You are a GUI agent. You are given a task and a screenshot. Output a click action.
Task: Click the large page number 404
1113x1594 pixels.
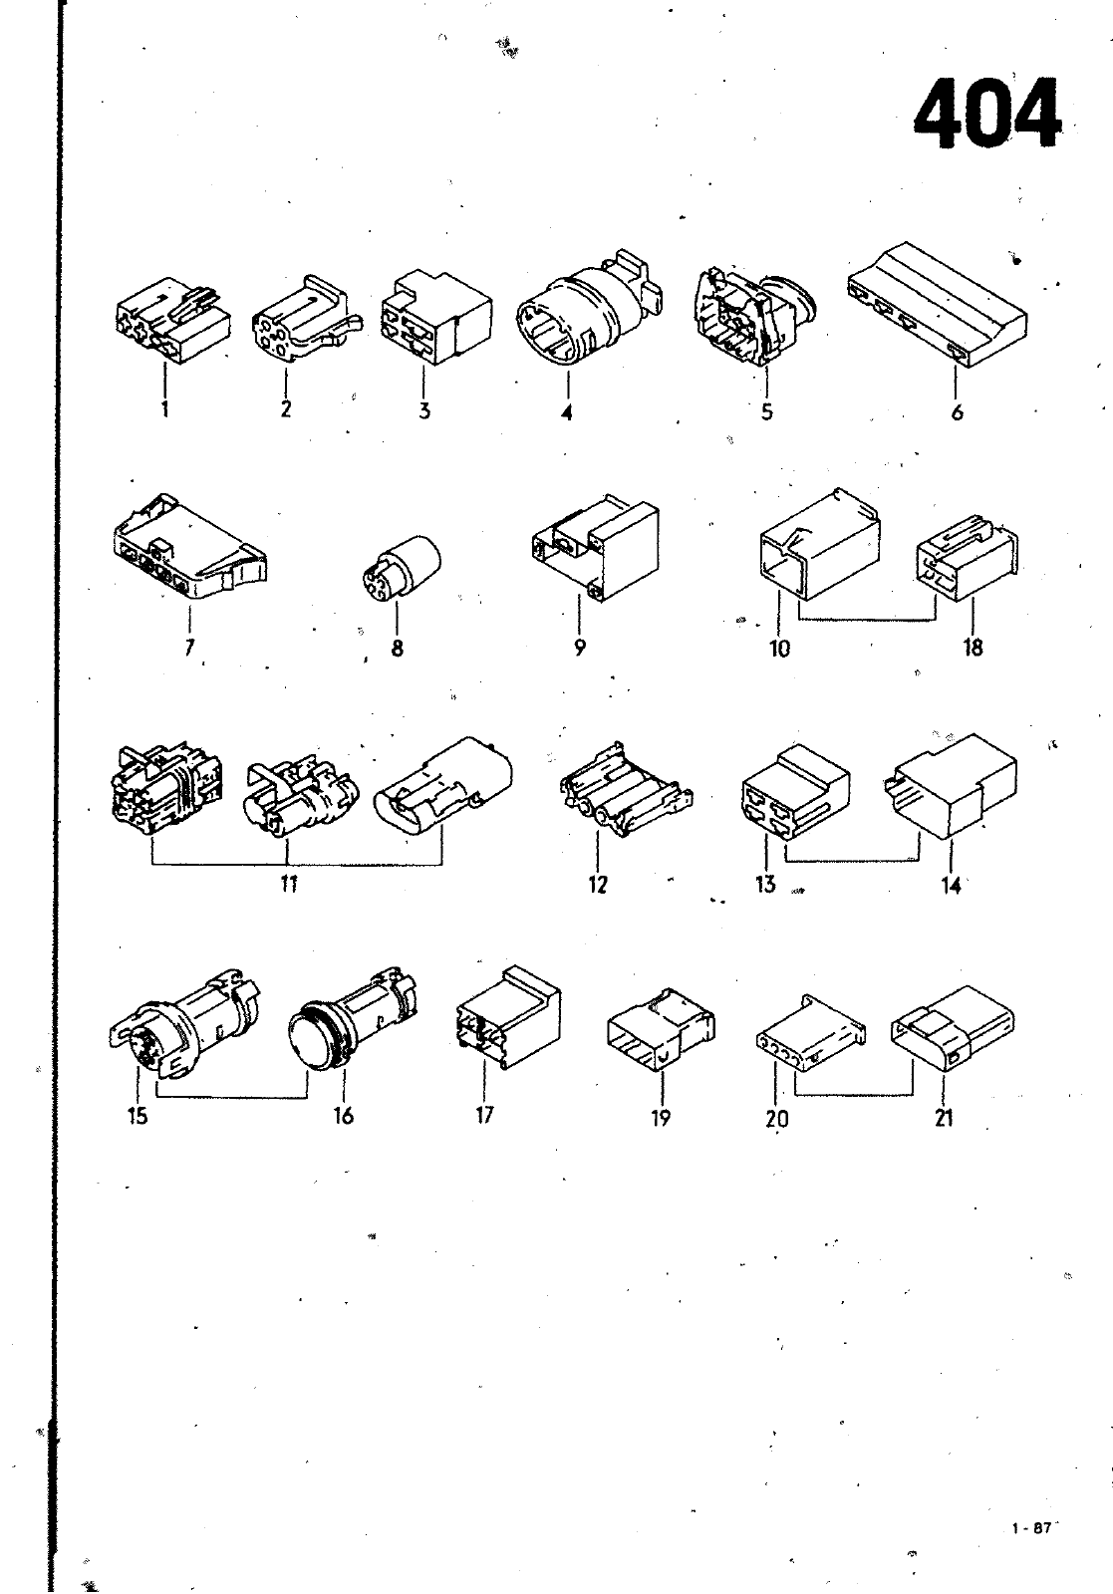[986, 114]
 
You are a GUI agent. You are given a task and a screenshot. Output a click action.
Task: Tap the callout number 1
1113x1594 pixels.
[165, 409]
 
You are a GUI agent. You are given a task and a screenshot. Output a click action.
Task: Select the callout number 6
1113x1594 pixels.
[958, 412]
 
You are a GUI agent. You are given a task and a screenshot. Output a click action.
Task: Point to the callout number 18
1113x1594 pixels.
[973, 647]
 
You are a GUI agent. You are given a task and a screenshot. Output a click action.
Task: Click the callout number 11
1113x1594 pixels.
[288, 883]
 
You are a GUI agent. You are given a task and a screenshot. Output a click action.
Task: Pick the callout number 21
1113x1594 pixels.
[944, 1119]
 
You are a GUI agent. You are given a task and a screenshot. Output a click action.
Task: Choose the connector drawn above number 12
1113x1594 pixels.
[626, 790]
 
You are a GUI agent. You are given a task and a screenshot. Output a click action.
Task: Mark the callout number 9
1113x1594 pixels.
[579, 647]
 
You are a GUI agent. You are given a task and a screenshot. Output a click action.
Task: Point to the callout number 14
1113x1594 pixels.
[952, 886]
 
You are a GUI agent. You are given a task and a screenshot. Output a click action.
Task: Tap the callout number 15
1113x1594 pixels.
[139, 1115]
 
